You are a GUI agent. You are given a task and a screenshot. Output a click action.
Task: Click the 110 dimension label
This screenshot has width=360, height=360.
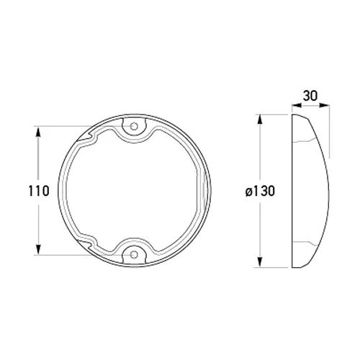[39, 191]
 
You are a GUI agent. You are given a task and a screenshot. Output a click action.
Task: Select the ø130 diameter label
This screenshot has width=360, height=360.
[260, 192]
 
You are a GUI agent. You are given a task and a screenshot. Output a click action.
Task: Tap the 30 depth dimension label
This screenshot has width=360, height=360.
[310, 96]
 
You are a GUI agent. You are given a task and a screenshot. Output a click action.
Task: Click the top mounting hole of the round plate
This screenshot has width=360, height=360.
[134, 126]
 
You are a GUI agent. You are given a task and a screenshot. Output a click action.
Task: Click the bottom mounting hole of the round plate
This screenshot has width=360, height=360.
[134, 255]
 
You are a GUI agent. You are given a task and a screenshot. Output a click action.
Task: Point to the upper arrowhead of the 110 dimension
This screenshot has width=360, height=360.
[38, 132]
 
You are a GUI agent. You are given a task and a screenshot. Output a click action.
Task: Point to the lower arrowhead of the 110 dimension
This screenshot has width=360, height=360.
[38, 249]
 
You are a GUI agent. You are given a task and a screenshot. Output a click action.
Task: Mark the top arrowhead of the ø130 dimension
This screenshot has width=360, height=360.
[260, 120]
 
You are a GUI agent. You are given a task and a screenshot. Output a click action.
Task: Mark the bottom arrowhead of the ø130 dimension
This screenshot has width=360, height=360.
[260, 261]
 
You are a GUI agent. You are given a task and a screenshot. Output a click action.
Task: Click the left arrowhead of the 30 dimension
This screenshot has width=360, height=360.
[297, 105]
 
